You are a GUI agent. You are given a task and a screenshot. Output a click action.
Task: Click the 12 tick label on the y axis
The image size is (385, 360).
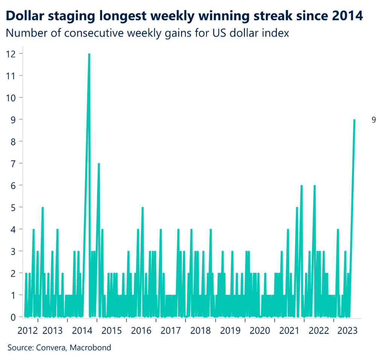click(11, 54)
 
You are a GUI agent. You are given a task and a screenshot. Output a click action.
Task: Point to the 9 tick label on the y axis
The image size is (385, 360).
click(13, 119)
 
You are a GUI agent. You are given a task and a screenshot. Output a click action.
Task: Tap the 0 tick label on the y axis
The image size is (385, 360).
click(13, 317)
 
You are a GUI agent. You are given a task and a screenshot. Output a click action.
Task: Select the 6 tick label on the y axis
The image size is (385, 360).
click(13, 185)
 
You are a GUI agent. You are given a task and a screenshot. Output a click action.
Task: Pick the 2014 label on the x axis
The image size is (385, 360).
click(82, 331)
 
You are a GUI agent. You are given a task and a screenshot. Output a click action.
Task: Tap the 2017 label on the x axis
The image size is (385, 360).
click(171, 331)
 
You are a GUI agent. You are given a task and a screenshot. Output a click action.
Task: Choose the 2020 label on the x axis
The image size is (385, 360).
click(260, 331)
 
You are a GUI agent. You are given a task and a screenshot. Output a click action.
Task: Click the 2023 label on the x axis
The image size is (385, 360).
click(349, 331)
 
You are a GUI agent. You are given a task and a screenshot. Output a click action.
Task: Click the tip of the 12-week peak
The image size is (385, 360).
click(89, 54)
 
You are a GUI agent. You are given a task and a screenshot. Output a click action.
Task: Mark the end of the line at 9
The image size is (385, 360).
click(354, 120)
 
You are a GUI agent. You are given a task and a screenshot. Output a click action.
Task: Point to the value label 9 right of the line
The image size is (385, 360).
click(374, 120)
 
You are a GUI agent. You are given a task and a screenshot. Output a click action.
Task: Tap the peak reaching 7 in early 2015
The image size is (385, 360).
click(99, 164)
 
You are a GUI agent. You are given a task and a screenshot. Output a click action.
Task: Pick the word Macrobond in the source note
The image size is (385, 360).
click(93, 348)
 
